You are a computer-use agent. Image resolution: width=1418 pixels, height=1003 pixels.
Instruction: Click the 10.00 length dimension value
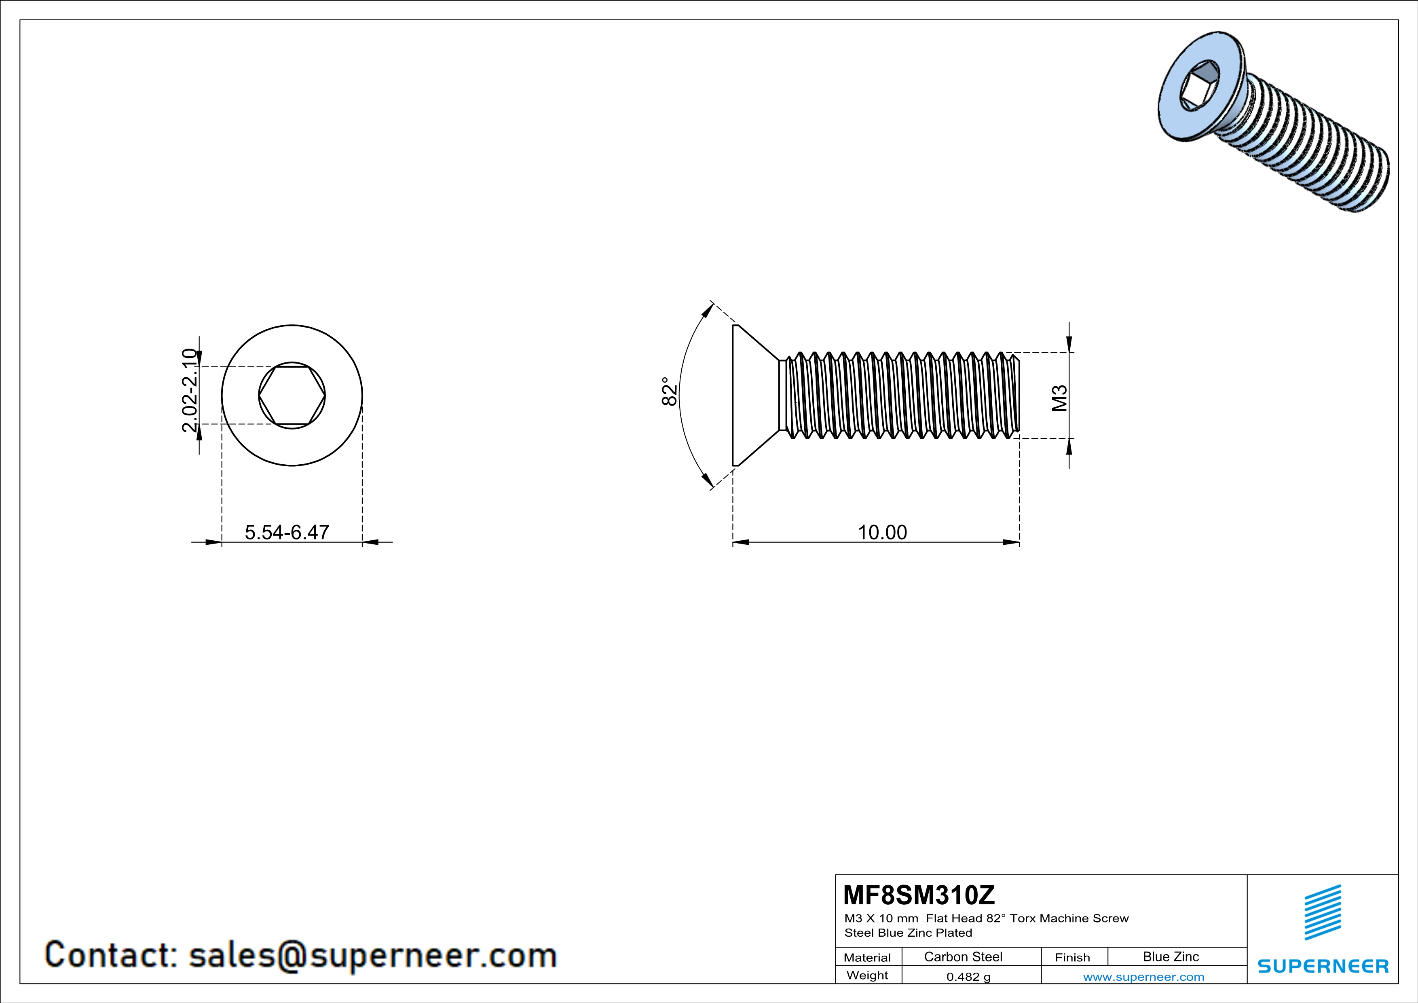pyautogui.click(x=882, y=532)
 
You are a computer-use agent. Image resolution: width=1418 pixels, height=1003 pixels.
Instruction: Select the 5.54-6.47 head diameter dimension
pyautogui.click(x=287, y=532)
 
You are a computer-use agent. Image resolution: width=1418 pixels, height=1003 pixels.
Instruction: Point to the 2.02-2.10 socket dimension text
pyautogui.click(x=190, y=390)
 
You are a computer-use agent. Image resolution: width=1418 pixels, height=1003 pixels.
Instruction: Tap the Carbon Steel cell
pyautogui.click(x=963, y=956)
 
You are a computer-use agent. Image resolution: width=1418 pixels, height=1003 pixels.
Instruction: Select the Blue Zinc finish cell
pyautogui.click(x=1170, y=956)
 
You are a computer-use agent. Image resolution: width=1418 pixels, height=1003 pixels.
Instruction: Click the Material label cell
pyautogui.click(x=867, y=957)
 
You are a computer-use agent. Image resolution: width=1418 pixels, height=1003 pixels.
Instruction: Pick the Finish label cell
pyautogui.click(x=1072, y=957)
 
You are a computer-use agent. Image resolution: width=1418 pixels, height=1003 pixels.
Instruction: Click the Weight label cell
pyautogui.click(x=867, y=975)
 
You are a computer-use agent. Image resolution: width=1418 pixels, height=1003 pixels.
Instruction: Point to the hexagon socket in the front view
pyautogui.click(x=292, y=395)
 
